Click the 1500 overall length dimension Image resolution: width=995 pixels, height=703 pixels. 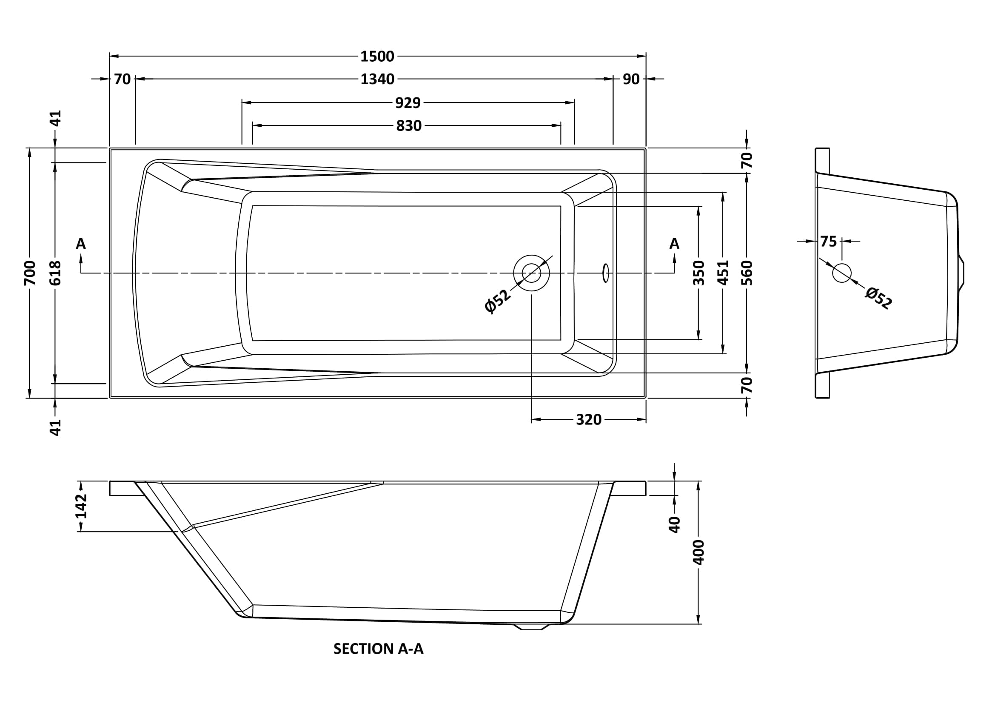(x=377, y=56)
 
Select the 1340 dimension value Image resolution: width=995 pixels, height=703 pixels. (x=377, y=79)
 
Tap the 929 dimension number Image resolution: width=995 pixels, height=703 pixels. (x=408, y=103)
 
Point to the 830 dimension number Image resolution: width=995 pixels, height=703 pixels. (x=408, y=126)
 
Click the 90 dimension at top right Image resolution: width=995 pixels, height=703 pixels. (x=631, y=79)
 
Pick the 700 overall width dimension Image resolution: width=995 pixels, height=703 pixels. (x=29, y=273)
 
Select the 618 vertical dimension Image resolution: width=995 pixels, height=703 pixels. (x=55, y=273)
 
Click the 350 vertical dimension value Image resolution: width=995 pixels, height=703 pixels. (x=698, y=273)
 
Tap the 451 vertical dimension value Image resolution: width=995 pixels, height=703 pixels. (x=723, y=273)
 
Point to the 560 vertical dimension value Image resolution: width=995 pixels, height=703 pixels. (x=747, y=273)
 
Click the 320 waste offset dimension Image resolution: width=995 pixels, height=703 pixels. (x=588, y=420)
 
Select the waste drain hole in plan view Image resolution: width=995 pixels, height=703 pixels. (x=531, y=273)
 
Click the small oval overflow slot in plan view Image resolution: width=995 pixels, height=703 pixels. (x=606, y=273)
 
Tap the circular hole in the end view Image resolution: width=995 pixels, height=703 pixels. (x=841, y=273)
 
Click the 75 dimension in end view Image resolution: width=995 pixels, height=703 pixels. (x=828, y=242)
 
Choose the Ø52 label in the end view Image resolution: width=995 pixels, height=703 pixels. (x=878, y=299)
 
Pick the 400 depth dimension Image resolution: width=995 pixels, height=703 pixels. (x=698, y=552)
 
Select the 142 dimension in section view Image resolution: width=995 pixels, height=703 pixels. (x=81, y=506)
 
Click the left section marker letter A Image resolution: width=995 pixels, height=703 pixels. (x=80, y=244)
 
